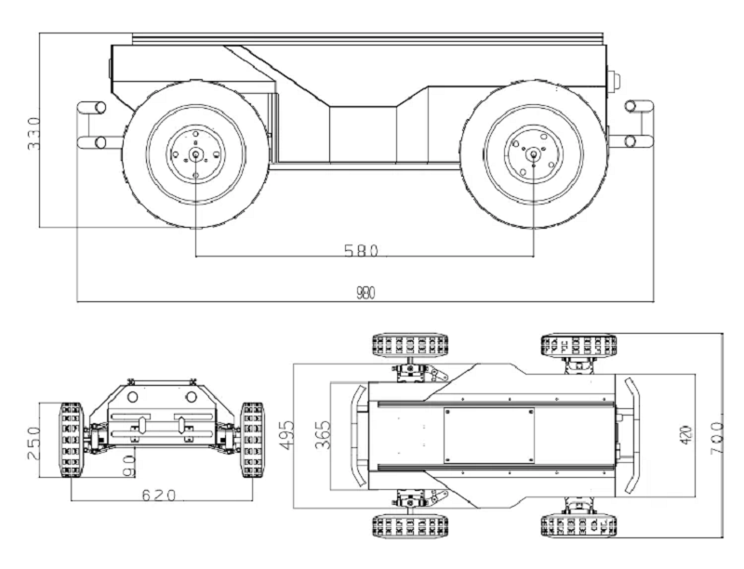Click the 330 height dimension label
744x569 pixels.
[33, 134]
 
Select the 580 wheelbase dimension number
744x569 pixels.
[361, 250]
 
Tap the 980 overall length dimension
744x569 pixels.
[365, 294]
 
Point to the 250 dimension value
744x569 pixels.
[34, 443]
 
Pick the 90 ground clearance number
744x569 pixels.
[129, 466]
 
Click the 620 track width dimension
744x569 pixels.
[159, 496]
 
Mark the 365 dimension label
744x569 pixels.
[323, 435]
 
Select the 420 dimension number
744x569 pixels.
[686, 435]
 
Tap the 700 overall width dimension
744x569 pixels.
[716, 439]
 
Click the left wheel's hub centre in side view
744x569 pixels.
[195, 154]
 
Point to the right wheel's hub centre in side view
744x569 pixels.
[533, 153]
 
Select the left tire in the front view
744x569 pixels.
[71, 440]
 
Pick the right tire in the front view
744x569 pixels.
[252, 440]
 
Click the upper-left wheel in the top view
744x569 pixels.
[410, 345]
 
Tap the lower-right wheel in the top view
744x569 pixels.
[578, 525]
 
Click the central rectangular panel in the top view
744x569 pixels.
[489, 436]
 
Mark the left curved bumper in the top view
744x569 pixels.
[358, 436]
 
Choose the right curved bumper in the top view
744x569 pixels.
[631, 435]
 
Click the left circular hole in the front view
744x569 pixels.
[132, 396]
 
